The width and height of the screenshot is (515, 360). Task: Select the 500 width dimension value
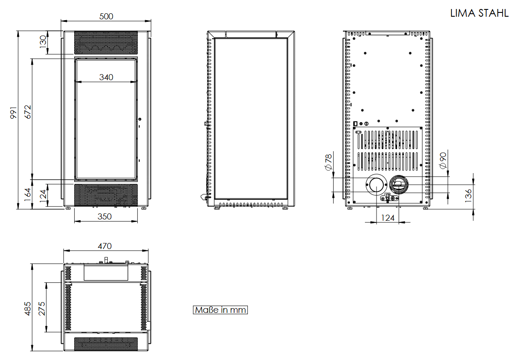pyautogui.click(x=106, y=16)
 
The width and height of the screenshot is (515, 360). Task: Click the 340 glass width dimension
pyautogui.click(x=106, y=77)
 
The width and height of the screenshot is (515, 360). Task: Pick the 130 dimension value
pyautogui.click(x=42, y=42)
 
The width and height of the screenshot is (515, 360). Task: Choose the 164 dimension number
pyautogui.click(x=28, y=195)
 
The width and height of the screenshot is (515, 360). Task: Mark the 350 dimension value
pyautogui.click(x=105, y=216)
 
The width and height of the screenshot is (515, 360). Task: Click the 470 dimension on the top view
pyautogui.click(x=105, y=246)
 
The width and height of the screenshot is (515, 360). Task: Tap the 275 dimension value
pyautogui.click(x=42, y=309)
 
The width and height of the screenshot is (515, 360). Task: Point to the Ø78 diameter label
pyautogui.click(x=329, y=162)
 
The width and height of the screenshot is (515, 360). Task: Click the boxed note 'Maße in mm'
pyautogui.click(x=220, y=310)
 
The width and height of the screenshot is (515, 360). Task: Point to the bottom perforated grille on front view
pyautogui.click(x=106, y=195)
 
